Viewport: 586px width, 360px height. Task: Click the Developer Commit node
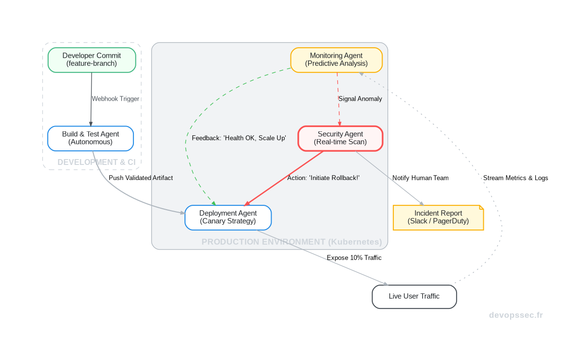pyautogui.click(x=92, y=60)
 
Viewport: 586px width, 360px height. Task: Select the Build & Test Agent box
pyautogui.click(x=91, y=138)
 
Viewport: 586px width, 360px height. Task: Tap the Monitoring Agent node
pyautogui.click(x=336, y=60)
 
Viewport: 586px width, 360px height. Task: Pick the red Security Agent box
pyautogui.click(x=340, y=138)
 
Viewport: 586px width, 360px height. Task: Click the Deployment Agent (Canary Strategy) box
pyautogui.click(x=228, y=217)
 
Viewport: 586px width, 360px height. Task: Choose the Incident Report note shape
pyautogui.click(x=438, y=217)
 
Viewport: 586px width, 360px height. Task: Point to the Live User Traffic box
pyautogui.click(x=414, y=296)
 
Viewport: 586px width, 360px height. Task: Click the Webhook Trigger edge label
pyautogui.click(x=115, y=99)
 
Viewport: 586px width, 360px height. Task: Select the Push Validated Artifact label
pyautogui.click(x=141, y=178)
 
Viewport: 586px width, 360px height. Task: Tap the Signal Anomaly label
pyautogui.click(x=360, y=99)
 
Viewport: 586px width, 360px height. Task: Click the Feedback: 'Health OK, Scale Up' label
pyautogui.click(x=238, y=138)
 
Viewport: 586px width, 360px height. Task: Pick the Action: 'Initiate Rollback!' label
pyautogui.click(x=323, y=178)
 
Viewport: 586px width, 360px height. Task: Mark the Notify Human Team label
pyautogui.click(x=421, y=178)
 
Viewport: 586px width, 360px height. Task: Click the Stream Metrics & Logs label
pyautogui.click(x=515, y=178)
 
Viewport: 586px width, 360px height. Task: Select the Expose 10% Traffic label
pyautogui.click(x=354, y=258)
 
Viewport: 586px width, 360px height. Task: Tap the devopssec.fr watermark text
pyautogui.click(x=516, y=315)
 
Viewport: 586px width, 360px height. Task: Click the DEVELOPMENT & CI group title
pyautogui.click(x=96, y=162)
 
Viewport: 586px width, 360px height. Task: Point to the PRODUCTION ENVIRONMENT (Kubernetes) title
pyautogui.click(x=292, y=242)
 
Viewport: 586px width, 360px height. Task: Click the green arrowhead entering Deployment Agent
pyautogui.click(x=213, y=202)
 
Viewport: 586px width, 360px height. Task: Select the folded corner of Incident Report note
pyautogui.click(x=481, y=208)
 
